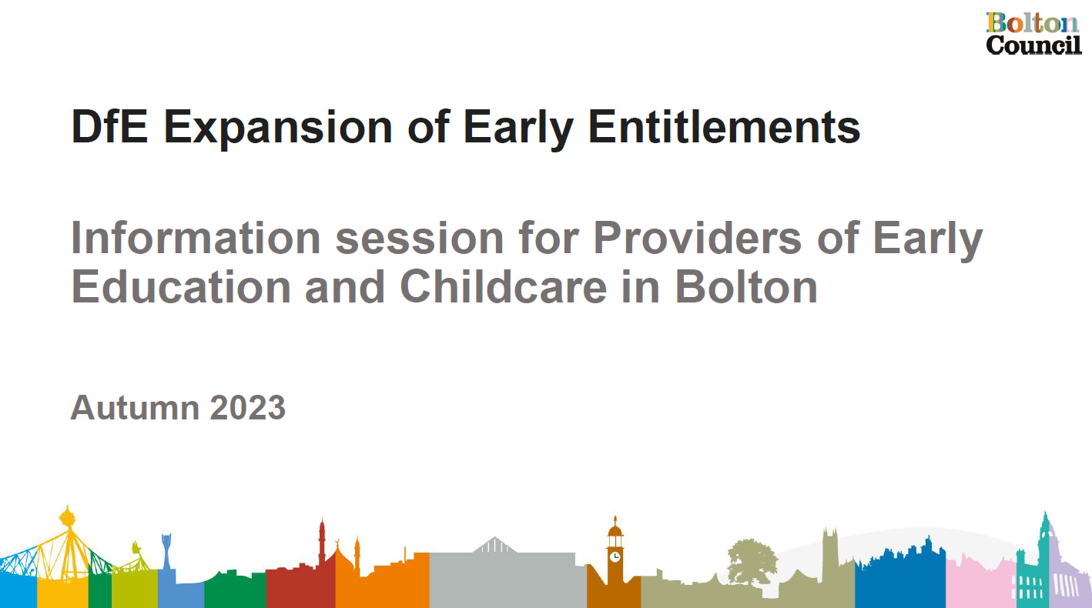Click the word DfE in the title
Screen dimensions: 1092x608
[109, 127]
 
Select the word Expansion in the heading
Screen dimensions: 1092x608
[278, 129]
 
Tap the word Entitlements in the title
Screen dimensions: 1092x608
[725, 127]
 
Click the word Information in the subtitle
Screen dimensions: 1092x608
[196, 238]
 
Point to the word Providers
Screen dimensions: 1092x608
[698, 238]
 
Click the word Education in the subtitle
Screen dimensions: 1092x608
[181, 287]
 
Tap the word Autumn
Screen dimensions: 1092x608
[135, 407]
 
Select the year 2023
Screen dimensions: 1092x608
[248, 407]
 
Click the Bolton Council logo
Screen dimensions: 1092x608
[1033, 33]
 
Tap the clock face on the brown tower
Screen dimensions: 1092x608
[615, 556]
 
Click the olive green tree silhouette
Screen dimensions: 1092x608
[752, 561]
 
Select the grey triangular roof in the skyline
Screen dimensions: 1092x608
[494, 545]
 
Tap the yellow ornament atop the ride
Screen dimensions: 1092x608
[67, 516]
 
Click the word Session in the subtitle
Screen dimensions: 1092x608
[419, 238]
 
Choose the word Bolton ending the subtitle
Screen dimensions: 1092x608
[746, 287]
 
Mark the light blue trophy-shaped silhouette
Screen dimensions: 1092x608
[166, 550]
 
